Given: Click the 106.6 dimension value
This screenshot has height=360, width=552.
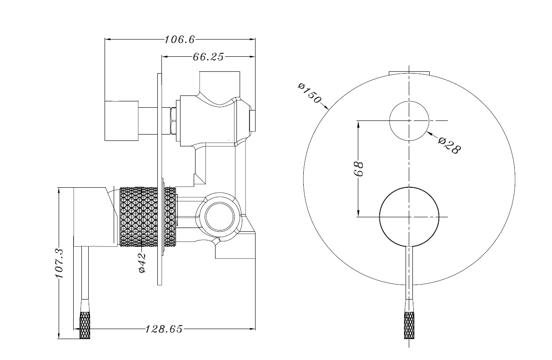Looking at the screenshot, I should point(180,40).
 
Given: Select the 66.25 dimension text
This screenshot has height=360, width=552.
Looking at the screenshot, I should point(208,57).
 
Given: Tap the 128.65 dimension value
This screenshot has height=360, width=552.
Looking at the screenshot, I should point(164,329).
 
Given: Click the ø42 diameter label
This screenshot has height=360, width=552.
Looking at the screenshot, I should point(142,263).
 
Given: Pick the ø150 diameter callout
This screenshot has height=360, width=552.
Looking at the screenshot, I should point(310,93).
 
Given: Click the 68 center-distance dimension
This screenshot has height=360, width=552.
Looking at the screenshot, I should point(359,169).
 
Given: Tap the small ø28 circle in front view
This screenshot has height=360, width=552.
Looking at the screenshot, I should point(409,120).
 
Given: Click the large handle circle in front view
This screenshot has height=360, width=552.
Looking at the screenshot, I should point(409,216).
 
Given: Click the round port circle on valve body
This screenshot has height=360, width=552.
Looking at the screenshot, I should point(220,216).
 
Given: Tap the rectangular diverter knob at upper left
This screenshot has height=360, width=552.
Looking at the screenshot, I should point(121,120).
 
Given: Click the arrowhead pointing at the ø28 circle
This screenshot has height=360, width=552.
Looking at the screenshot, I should point(430,134).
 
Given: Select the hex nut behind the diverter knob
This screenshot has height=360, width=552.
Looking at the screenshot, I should point(173,121).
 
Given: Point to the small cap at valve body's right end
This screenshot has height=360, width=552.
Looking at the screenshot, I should point(253,120).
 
